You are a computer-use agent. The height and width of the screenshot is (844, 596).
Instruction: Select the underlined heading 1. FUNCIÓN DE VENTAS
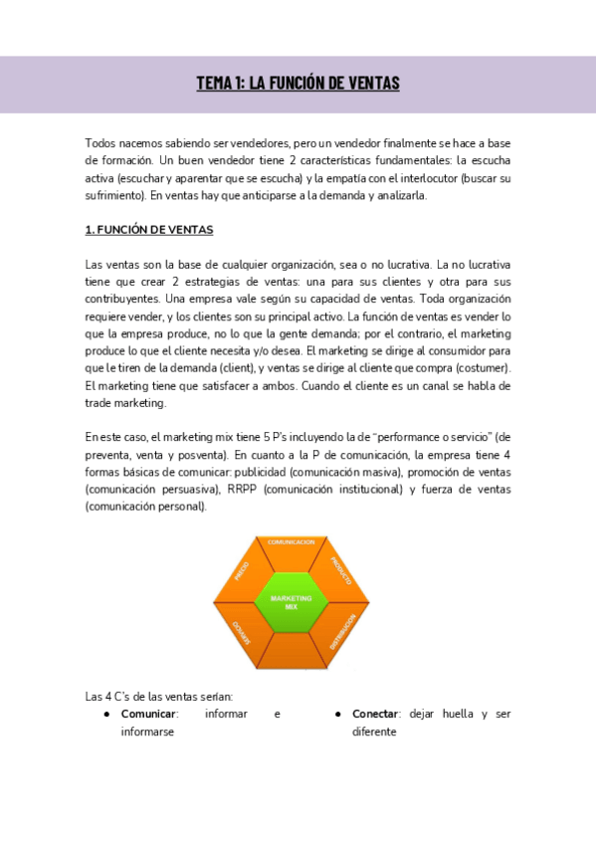tap(149, 230)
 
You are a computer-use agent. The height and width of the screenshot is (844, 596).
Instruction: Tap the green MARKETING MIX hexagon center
tap(292, 601)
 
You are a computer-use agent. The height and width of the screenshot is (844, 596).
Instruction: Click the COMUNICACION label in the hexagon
tap(292, 542)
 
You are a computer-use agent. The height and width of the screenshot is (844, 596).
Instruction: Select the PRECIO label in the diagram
tap(242, 570)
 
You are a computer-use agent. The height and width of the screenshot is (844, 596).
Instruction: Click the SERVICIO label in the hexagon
tap(242, 633)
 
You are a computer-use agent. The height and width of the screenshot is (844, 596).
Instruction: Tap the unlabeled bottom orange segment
tap(292, 652)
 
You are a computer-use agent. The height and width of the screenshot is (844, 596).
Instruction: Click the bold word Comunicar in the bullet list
tap(148, 715)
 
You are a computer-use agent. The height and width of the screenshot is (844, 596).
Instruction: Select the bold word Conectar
tap(379, 715)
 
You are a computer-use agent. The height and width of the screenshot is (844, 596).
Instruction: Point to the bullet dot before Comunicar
tap(106, 715)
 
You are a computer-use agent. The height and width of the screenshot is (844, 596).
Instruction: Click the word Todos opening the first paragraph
tap(101, 143)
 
